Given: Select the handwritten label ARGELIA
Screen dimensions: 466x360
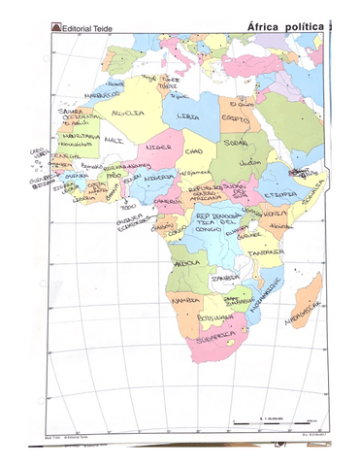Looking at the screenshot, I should (127, 113).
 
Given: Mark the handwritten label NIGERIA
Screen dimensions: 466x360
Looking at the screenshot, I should (158, 179).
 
